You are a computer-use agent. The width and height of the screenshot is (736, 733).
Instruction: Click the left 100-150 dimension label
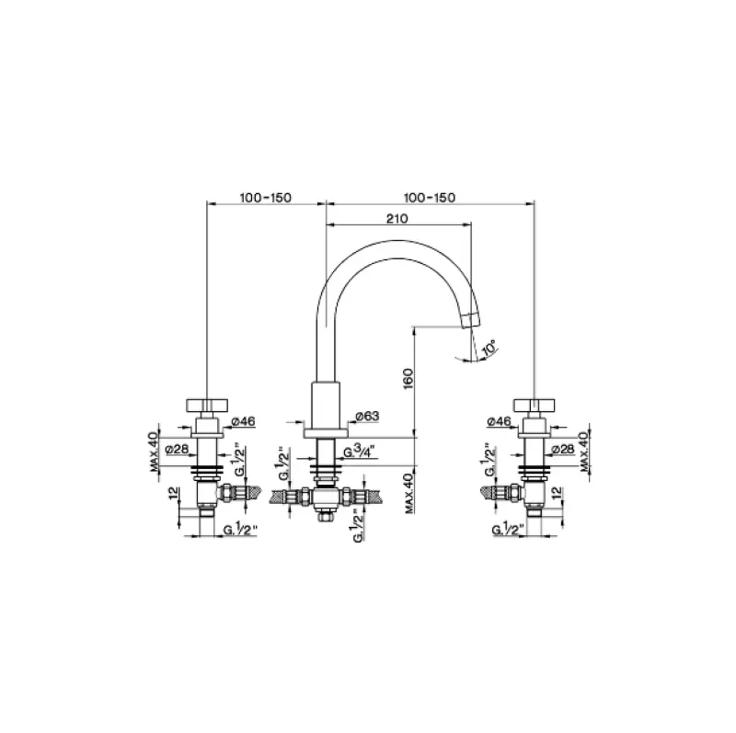pyautogui.click(x=265, y=198)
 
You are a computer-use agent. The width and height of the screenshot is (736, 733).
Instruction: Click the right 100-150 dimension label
pyautogui.click(x=430, y=198)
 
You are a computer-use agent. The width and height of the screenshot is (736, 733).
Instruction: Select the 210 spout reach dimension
pyautogui.click(x=397, y=219)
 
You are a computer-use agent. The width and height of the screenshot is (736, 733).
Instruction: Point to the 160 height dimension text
pyautogui.click(x=407, y=377)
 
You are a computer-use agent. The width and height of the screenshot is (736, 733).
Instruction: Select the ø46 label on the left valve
pyautogui.click(x=244, y=420)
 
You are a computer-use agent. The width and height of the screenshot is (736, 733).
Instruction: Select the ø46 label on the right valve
pyautogui.click(x=498, y=420)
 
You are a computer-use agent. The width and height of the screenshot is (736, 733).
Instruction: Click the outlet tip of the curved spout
pyautogui.click(x=472, y=319)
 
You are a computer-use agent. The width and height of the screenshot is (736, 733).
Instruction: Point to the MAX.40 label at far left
pyautogui.click(x=155, y=448)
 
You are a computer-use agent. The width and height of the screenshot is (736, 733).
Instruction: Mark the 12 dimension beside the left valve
pyautogui.click(x=173, y=494)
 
